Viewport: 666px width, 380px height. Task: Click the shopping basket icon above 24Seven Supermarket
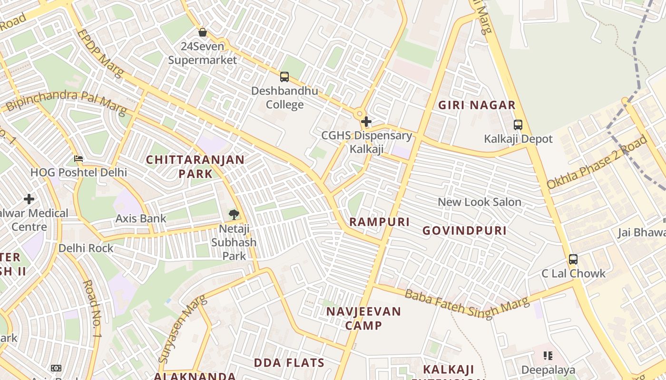(203, 32)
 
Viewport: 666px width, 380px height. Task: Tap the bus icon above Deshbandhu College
(284, 76)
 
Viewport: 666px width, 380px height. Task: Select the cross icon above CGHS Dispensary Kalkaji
(366, 122)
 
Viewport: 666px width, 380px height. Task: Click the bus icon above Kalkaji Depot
(518, 125)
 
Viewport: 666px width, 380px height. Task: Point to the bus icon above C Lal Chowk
(573, 259)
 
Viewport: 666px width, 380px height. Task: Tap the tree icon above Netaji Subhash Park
(234, 215)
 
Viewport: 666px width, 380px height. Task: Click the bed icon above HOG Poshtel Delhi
(78, 158)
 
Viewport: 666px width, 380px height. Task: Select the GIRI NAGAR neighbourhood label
(477, 105)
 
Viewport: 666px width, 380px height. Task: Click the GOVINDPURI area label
(464, 231)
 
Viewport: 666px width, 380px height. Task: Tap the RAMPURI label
(379, 222)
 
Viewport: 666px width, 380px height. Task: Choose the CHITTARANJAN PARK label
(195, 166)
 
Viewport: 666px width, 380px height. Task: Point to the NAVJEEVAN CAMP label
(363, 318)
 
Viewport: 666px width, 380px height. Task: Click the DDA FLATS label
(289, 363)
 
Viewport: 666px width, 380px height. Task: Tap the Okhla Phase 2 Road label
(597, 162)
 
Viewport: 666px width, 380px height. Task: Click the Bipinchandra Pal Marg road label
(67, 101)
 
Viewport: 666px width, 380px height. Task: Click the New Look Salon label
(480, 202)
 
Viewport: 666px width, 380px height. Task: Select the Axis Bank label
(141, 218)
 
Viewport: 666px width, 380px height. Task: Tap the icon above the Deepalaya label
(548, 356)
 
